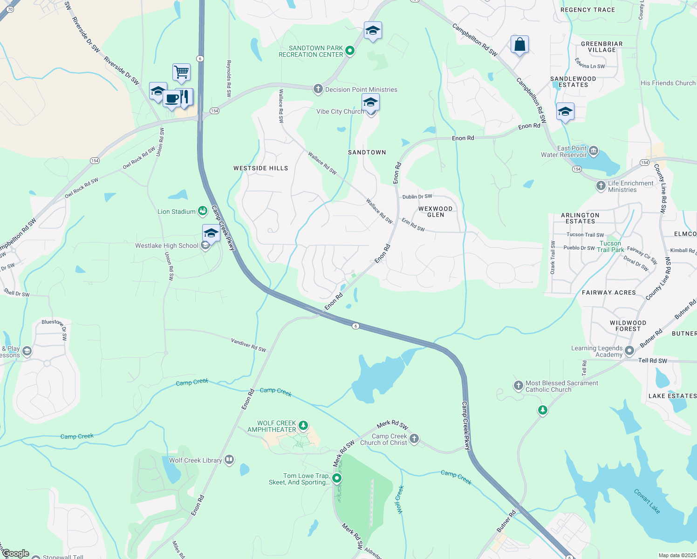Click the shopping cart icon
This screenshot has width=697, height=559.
click(x=181, y=72)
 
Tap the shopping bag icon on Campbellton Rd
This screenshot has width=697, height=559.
click(x=519, y=45)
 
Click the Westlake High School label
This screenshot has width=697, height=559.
click(x=167, y=246)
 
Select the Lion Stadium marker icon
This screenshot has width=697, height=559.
click(x=203, y=211)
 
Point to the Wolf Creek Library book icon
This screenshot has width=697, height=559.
click(x=229, y=460)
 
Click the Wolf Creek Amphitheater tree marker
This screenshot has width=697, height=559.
click(x=303, y=425)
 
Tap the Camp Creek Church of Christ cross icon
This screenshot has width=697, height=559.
click(x=414, y=439)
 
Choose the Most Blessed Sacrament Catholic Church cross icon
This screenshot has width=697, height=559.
click(x=518, y=386)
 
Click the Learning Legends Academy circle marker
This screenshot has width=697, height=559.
click(x=629, y=350)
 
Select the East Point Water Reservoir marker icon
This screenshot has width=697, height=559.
click(x=594, y=150)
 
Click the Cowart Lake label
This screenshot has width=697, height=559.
click(x=647, y=501)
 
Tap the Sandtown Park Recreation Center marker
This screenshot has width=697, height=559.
click(x=350, y=51)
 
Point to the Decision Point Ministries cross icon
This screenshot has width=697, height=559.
click(x=318, y=89)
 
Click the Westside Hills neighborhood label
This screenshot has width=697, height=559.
click(x=260, y=168)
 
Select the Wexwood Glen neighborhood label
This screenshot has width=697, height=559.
click(x=435, y=212)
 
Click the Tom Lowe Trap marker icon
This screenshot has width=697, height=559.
click(x=336, y=478)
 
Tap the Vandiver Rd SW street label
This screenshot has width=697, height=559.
click(x=248, y=345)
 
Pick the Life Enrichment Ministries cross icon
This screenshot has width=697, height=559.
click(x=601, y=186)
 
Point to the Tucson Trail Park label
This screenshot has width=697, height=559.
click(x=610, y=246)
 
